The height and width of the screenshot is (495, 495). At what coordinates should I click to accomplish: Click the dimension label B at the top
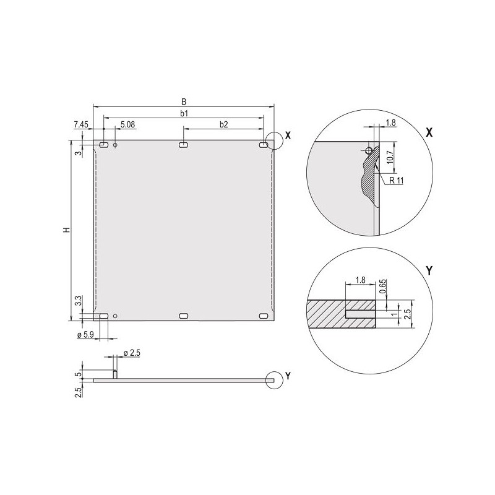(184, 101)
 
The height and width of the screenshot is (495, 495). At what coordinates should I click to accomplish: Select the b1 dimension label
(184, 113)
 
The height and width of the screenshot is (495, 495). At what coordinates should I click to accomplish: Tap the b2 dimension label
(223, 124)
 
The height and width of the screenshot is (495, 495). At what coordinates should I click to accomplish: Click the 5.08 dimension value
(128, 124)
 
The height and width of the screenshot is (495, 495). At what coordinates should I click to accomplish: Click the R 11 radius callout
(394, 181)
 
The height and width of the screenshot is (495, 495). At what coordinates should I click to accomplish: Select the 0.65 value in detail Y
(383, 286)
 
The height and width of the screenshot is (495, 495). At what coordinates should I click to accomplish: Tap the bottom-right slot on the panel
(264, 316)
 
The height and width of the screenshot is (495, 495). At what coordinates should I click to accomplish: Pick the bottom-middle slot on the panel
(184, 316)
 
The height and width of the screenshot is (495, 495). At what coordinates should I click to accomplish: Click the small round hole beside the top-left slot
(115, 145)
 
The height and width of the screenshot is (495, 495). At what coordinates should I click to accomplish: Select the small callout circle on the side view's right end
(273, 380)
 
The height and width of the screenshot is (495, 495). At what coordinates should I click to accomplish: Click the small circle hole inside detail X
(369, 150)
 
